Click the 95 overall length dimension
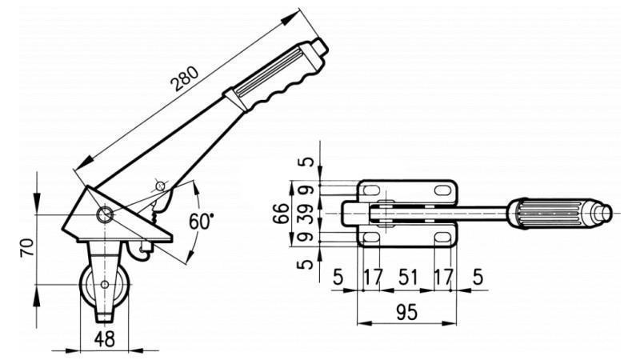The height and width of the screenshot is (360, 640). click(x=406, y=313)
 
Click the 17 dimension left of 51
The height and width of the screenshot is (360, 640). click(x=373, y=278)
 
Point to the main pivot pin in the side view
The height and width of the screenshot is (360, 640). click(x=104, y=214)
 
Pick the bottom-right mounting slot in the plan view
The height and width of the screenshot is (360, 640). click(x=442, y=238)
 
